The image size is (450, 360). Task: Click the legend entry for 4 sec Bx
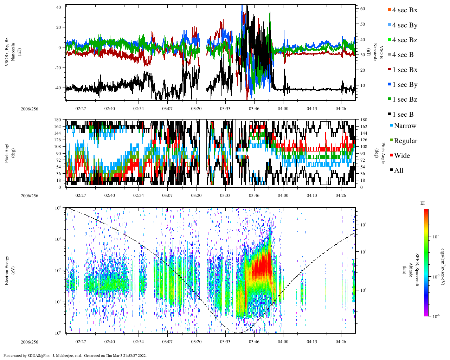click(404, 10)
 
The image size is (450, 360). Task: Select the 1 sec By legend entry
click(404, 85)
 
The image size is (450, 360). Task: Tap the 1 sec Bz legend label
click(404, 99)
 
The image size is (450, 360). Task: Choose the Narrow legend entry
click(405, 126)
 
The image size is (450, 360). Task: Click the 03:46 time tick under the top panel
click(254, 109)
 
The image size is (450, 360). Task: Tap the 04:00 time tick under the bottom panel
click(283, 342)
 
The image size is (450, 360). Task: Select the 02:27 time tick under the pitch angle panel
click(81, 195)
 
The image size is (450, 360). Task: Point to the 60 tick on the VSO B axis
click(362, 9)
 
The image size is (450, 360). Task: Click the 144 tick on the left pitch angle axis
click(57, 133)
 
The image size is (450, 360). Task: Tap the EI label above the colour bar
click(423, 203)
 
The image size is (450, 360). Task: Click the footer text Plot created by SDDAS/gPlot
click(75, 355)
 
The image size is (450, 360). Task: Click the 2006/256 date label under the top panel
click(29, 109)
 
